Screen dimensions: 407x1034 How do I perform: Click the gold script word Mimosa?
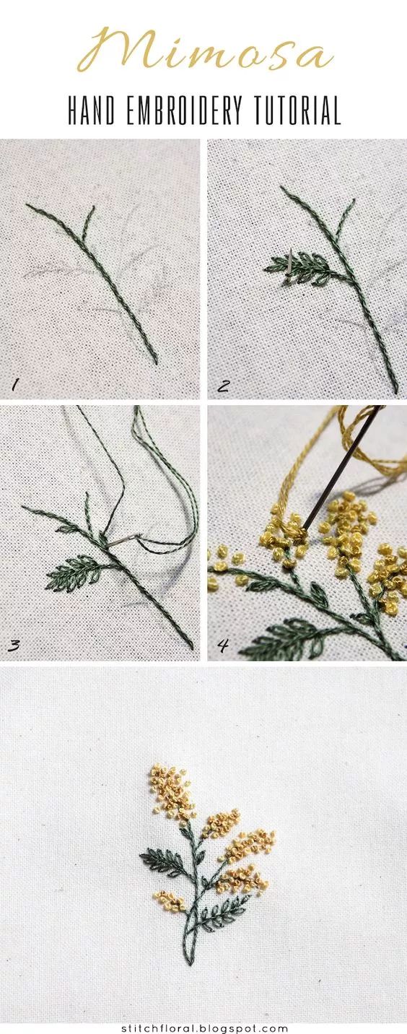[x=205, y=49]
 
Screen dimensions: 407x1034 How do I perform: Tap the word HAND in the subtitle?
[x=91, y=110]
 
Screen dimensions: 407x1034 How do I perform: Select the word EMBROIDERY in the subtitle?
[x=184, y=110]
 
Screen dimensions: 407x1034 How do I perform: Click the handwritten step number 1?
[x=15, y=385]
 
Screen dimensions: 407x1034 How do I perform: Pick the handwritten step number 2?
[x=223, y=386]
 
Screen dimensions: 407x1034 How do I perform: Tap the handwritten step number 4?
[x=223, y=646]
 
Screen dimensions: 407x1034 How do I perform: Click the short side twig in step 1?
[x=88, y=222]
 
